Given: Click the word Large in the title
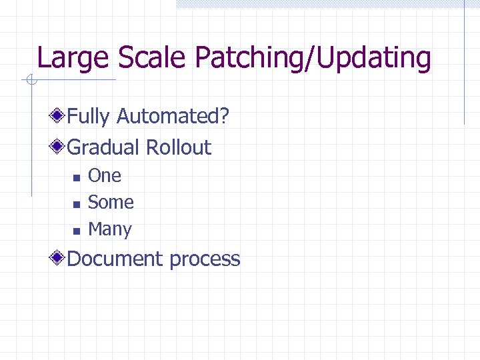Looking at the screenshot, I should coord(74,59).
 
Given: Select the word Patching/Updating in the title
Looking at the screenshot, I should coord(313,59).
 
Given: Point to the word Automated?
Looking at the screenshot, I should coord(173,117).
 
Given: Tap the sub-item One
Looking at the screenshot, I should coord(105,176).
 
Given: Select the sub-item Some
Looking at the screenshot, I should coord(111,203).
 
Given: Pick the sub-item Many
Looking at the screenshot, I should coord(110,229).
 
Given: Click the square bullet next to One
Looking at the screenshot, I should coord(76,177).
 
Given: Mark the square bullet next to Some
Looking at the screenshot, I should coord(76,204).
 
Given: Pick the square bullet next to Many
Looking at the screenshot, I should coord(76,231).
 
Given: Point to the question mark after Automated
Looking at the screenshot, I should coord(225,117).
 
